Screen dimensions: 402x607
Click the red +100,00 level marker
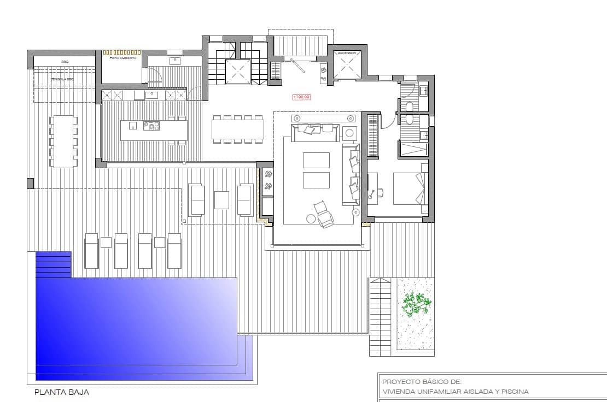point(302,97)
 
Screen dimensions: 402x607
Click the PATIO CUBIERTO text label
point(123,57)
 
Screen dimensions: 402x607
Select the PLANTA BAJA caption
point(62,392)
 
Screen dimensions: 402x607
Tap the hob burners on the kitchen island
point(151,126)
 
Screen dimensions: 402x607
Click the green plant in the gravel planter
point(416,305)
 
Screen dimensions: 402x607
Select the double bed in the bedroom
point(409,188)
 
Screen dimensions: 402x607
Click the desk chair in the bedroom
point(380,192)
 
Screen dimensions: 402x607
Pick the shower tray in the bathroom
point(414,149)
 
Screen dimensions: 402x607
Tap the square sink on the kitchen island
point(133,126)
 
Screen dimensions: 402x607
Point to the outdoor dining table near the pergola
point(63,141)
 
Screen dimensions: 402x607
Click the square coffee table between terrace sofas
point(221,200)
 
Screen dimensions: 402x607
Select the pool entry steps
point(54,264)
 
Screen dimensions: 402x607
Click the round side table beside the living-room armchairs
point(311,219)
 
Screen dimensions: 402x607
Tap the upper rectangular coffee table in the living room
point(316,160)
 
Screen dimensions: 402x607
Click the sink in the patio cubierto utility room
point(176,61)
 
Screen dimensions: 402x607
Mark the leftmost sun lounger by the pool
point(91,251)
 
